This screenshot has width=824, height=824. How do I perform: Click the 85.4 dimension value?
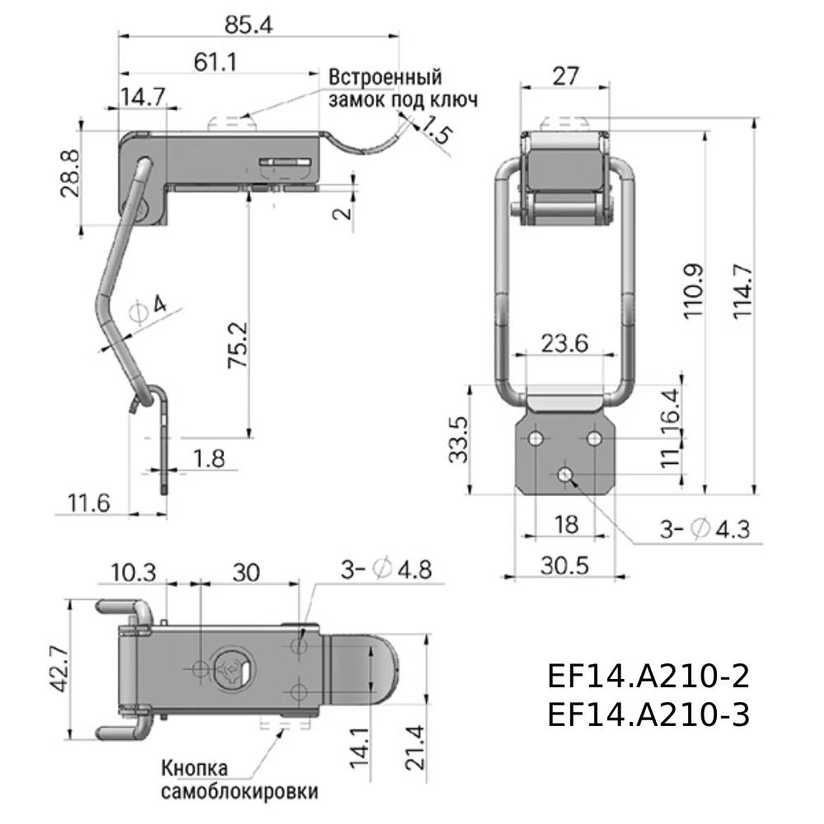pos(249,25)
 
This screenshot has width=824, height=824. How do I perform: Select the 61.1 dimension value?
pos(215,62)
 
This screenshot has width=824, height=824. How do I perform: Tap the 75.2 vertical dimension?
pos(238,345)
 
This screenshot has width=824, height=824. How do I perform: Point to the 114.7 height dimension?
pos(743,291)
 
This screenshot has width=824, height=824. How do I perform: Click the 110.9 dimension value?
pos(693,291)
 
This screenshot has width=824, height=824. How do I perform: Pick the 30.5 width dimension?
pos(565,565)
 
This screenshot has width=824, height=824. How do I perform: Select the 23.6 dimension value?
pos(565,343)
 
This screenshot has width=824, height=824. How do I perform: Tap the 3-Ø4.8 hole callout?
pos(386,569)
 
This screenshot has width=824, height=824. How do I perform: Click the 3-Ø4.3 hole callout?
pos(705,529)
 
